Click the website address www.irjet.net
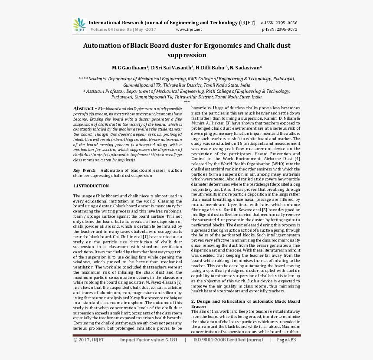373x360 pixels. coord(189,29)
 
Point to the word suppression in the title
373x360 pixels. coord(186,55)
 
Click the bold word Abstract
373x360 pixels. coord(83,108)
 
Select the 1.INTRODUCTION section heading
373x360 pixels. coord(91,186)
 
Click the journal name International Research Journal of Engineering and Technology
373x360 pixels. coord(163,23)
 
